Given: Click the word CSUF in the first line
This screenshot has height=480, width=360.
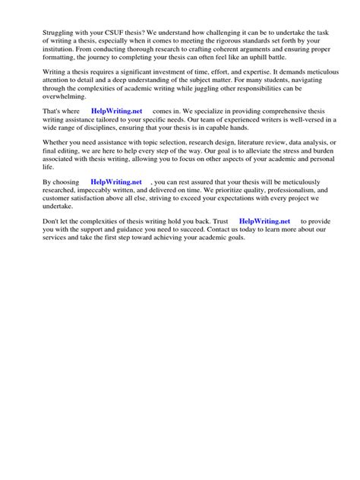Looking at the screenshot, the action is (x=102, y=31).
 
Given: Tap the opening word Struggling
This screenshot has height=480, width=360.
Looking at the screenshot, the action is (x=42, y=31).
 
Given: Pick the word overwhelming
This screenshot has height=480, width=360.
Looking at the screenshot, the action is (x=49, y=98).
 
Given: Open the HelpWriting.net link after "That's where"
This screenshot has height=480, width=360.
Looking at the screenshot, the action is (x=116, y=110).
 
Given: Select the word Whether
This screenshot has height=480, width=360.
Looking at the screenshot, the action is (x=39, y=141).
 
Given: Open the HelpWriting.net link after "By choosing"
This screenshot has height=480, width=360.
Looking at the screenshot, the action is (x=115, y=183).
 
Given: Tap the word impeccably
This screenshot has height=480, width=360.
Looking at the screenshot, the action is (x=89, y=192).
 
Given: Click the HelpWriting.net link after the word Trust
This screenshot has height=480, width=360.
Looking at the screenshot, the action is (x=264, y=221).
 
